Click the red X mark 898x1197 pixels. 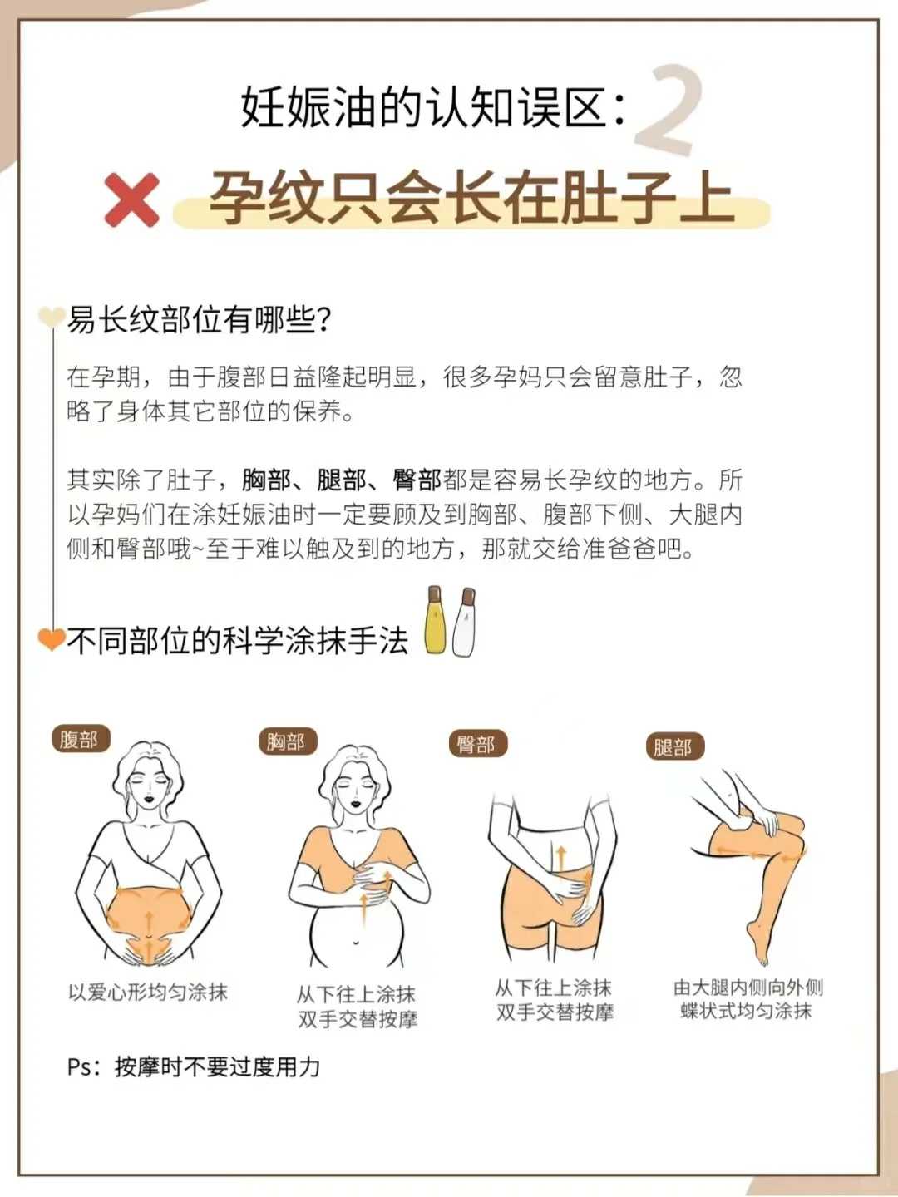pos(132,199)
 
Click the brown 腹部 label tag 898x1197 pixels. pos(80,739)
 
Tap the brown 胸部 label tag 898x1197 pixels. pos(286,741)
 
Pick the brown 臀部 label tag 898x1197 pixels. pos(476,744)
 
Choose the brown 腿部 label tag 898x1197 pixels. pos(673,746)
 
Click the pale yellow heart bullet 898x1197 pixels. pos(52,317)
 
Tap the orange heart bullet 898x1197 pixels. pos(52,638)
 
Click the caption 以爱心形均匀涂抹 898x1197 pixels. pos(148,992)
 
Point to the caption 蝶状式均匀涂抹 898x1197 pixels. pos(746,1011)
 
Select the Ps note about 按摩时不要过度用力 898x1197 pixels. pos(194,1066)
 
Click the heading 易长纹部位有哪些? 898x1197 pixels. pos(200,319)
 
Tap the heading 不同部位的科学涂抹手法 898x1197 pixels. pos(238,641)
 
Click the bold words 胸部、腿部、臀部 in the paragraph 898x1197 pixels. pos(342,480)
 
